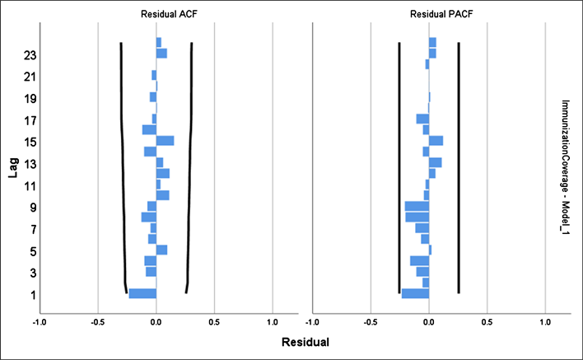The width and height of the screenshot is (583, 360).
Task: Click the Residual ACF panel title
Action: [x=156, y=12]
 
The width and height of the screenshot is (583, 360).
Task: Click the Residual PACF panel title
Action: [x=429, y=12]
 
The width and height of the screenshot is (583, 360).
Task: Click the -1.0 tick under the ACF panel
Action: [x=39, y=321]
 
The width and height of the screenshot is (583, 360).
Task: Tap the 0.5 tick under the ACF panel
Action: [x=214, y=321]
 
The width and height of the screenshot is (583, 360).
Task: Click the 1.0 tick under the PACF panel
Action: [x=545, y=321]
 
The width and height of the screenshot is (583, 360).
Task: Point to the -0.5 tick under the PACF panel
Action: [x=370, y=321]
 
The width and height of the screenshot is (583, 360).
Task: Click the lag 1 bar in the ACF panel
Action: [x=142, y=293]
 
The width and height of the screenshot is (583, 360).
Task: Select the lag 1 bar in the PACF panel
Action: [x=415, y=293]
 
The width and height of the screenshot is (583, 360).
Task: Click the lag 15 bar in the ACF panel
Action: [x=165, y=141]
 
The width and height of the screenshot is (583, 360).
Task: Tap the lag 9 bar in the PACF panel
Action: [x=417, y=206]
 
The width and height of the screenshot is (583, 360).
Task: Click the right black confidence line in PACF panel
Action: [x=459, y=165]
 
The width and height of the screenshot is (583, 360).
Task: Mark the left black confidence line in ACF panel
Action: [x=122, y=165]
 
